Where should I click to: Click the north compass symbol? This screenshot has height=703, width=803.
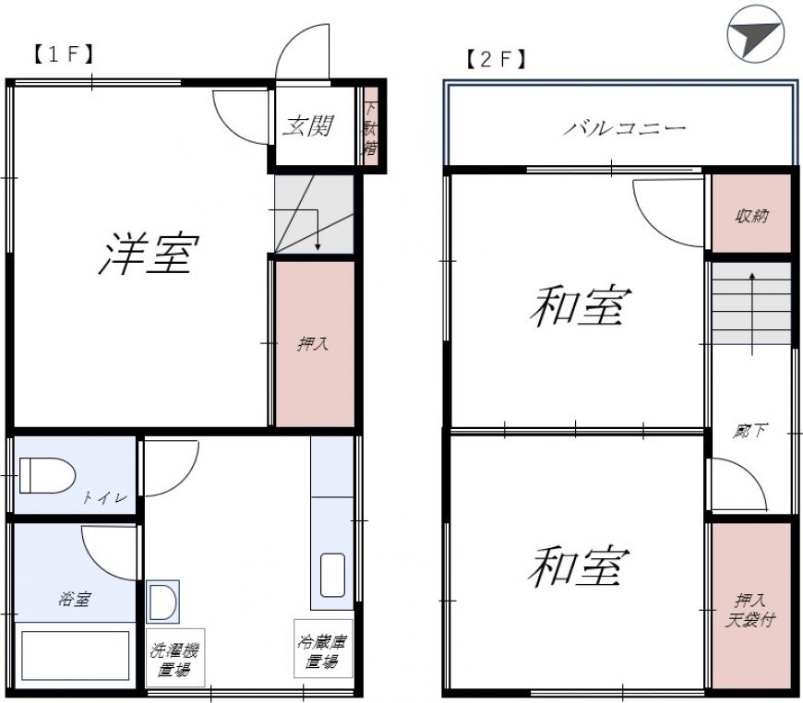(755, 34)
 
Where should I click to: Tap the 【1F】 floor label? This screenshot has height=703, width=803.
(64, 54)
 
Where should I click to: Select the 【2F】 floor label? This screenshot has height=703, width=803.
(497, 59)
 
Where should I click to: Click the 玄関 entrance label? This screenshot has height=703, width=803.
(308, 126)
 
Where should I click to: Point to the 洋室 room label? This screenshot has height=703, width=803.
(149, 254)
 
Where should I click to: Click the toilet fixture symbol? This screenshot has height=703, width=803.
(47, 476)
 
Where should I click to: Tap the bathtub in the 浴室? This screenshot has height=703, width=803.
(75, 655)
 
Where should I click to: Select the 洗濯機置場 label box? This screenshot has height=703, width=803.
(175, 658)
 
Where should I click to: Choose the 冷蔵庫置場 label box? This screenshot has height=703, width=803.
(323, 649)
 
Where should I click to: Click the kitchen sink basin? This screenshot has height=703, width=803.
(332, 576)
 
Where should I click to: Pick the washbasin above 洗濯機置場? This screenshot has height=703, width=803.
(162, 602)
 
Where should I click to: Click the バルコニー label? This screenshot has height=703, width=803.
(625, 127)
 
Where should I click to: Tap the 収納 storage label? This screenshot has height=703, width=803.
(752, 216)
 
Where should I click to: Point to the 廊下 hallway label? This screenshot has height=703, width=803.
(749, 431)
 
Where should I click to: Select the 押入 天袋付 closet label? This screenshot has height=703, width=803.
(750, 610)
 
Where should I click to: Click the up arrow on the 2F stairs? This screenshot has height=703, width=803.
(752, 314)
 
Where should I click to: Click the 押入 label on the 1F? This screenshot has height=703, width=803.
(312, 343)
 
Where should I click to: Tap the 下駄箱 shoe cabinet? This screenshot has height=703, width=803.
(371, 126)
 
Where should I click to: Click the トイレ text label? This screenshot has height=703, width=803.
(105, 497)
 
